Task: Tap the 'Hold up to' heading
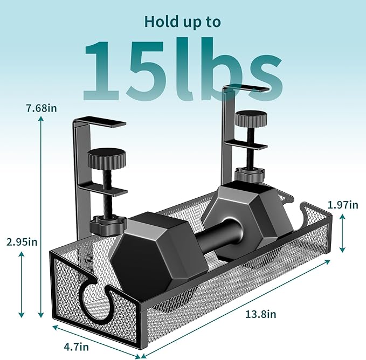tap(182, 22)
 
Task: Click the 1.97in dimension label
tap(342, 204)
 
